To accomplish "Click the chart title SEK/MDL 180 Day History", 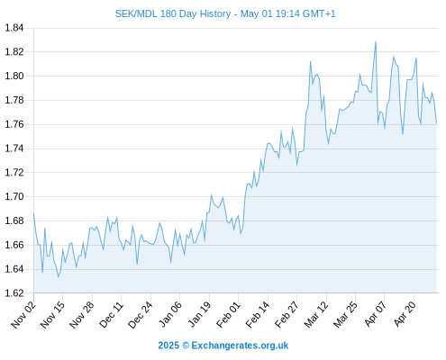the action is pyautogui.click(x=173, y=13).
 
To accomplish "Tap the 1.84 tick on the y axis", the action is pyautogui.click(x=14, y=28).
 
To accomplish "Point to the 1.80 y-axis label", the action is pyautogui.click(x=14, y=76).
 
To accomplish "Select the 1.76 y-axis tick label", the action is pyautogui.click(x=14, y=124).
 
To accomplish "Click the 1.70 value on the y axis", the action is pyautogui.click(x=14, y=196).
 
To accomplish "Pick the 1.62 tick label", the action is pyautogui.click(x=14, y=292).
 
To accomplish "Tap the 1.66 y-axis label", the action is pyautogui.click(x=14, y=245).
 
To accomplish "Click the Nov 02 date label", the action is pyautogui.click(x=23, y=314).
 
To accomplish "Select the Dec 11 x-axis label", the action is pyautogui.click(x=112, y=314).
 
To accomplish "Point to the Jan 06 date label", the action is pyautogui.click(x=170, y=314).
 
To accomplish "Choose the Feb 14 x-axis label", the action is pyautogui.click(x=258, y=314).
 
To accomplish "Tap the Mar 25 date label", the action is pyautogui.click(x=345, y=314).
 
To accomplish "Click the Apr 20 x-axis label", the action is pyautogui.click(x=405, y=313).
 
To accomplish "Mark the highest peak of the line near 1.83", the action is pyautogui.click(x=376, y=41).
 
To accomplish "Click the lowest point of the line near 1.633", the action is pyautogui.click(x=59, y=277).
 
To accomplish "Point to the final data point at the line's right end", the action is pyautogui.click(x=436, y=123).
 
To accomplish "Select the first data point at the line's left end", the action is pyautogui.click(x=33, y=213).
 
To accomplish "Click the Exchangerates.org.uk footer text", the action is pyautogui.click(x=240, y=346).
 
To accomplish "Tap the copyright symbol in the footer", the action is pyautogui.click(x=186, y=346).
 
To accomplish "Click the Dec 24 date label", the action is pyautogui.click(x=141, y=314).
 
